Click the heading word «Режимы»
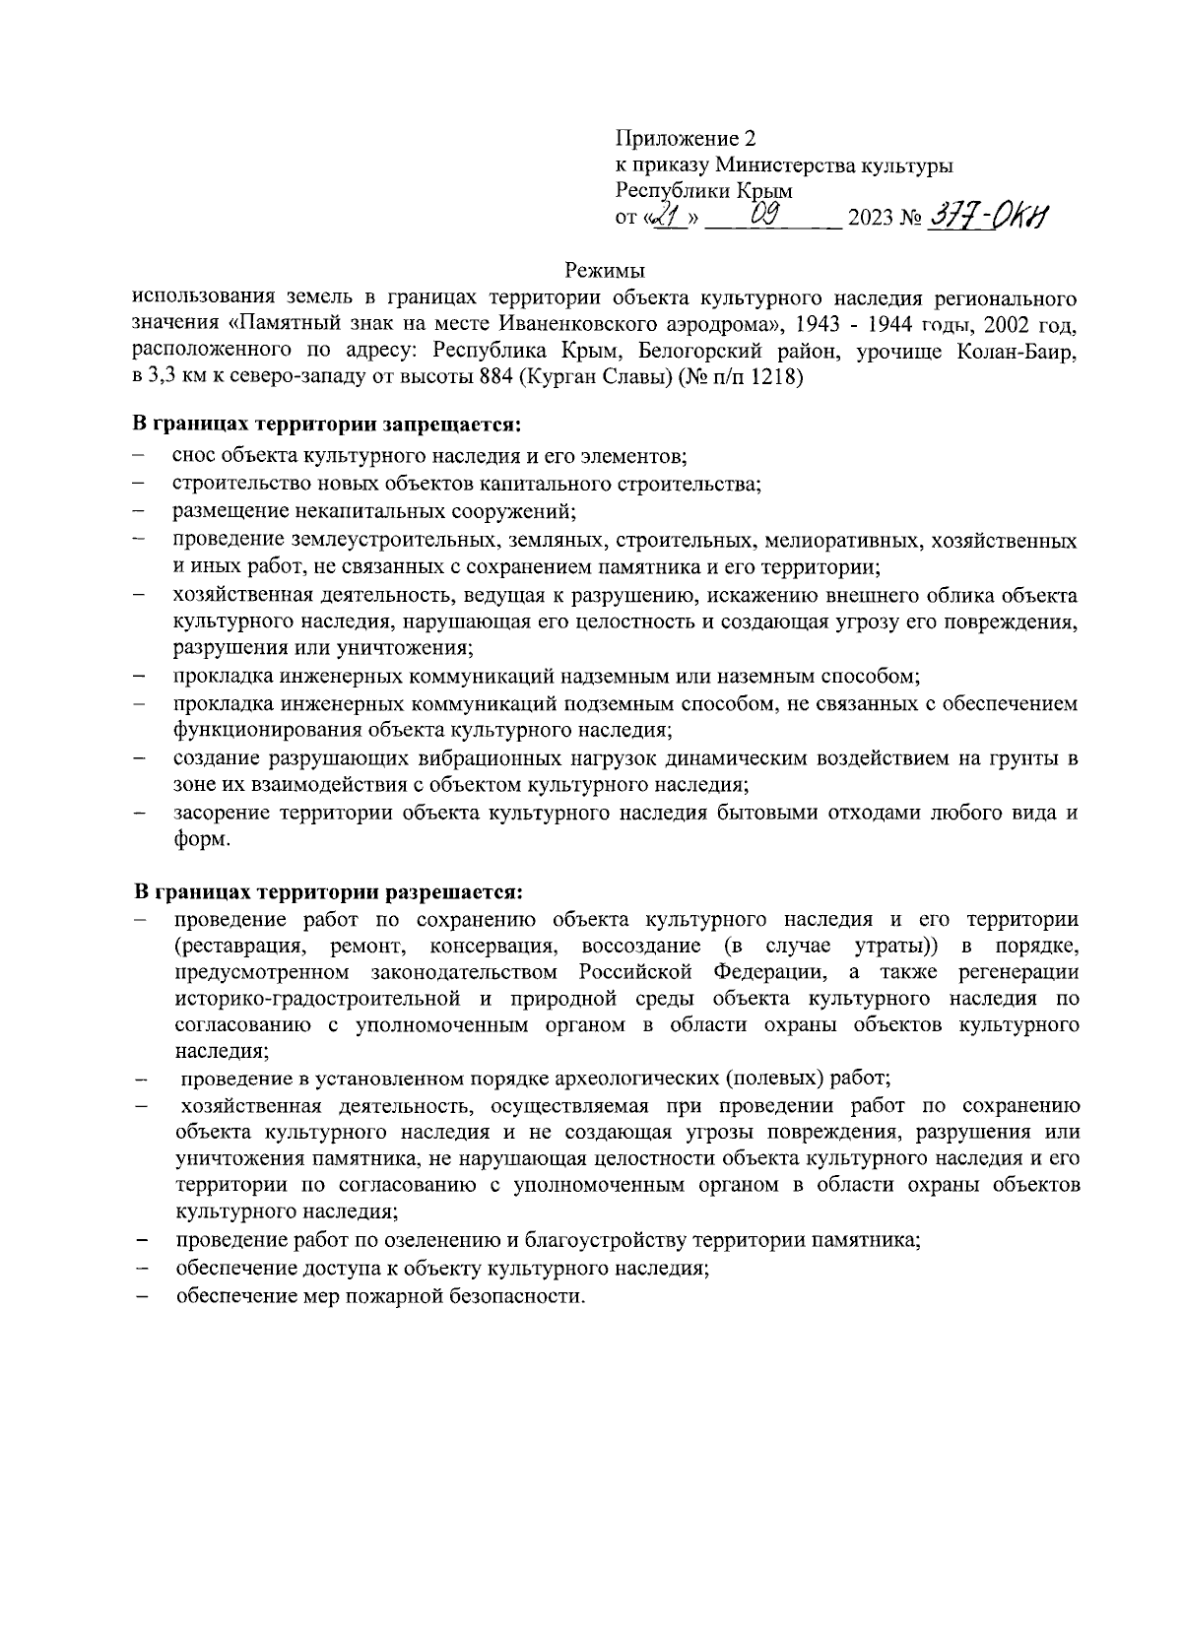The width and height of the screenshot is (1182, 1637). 606,270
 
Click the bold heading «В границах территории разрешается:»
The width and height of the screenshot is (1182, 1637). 328,892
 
